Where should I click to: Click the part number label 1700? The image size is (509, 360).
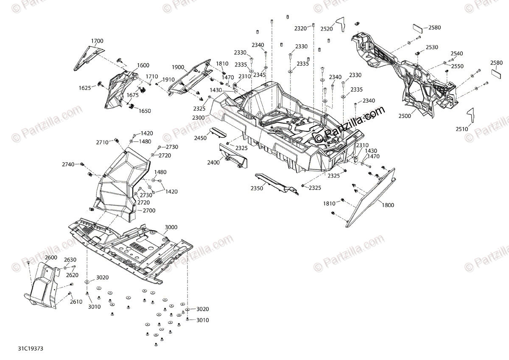[97, 41]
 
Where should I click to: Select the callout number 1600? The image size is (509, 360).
[143, 65]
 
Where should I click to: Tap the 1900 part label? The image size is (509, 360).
[178, 67]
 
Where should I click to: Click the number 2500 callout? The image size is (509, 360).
[404, 116]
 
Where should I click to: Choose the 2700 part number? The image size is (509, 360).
[149, 211]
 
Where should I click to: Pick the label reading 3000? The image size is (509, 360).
[171, 228]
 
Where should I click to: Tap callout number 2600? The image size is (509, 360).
[51, 258]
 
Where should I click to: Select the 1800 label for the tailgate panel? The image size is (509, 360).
[388, 205]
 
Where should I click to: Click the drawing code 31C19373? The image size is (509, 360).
[31, 349]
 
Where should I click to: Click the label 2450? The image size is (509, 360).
[201, 138]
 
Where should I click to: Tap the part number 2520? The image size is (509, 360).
[327, 29]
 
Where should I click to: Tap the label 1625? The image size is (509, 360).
[84, 88]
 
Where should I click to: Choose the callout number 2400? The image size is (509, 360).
[213, 163]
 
